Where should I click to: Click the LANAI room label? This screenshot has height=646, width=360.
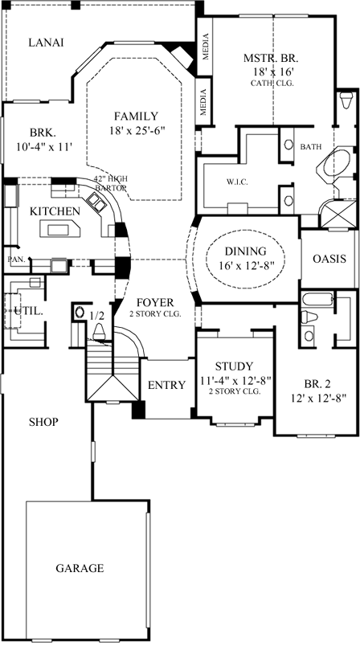[x=46, y=43]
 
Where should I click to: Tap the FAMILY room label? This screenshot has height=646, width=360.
[x=135, y=115]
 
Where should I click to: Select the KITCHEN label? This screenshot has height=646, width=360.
[x=55, y=211]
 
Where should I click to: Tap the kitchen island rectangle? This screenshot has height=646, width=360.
[x=62, y=230]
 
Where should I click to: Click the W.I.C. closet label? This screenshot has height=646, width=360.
[x=237, y=182]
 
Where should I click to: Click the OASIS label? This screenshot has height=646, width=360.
[x=329, y=259]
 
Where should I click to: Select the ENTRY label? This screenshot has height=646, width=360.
[x=166, y=386]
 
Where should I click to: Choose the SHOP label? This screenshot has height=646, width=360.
[x=44, y=421]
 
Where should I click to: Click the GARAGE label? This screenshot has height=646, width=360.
[x=80, y=568]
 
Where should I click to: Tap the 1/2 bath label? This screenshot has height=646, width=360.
[x=98, y=316]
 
